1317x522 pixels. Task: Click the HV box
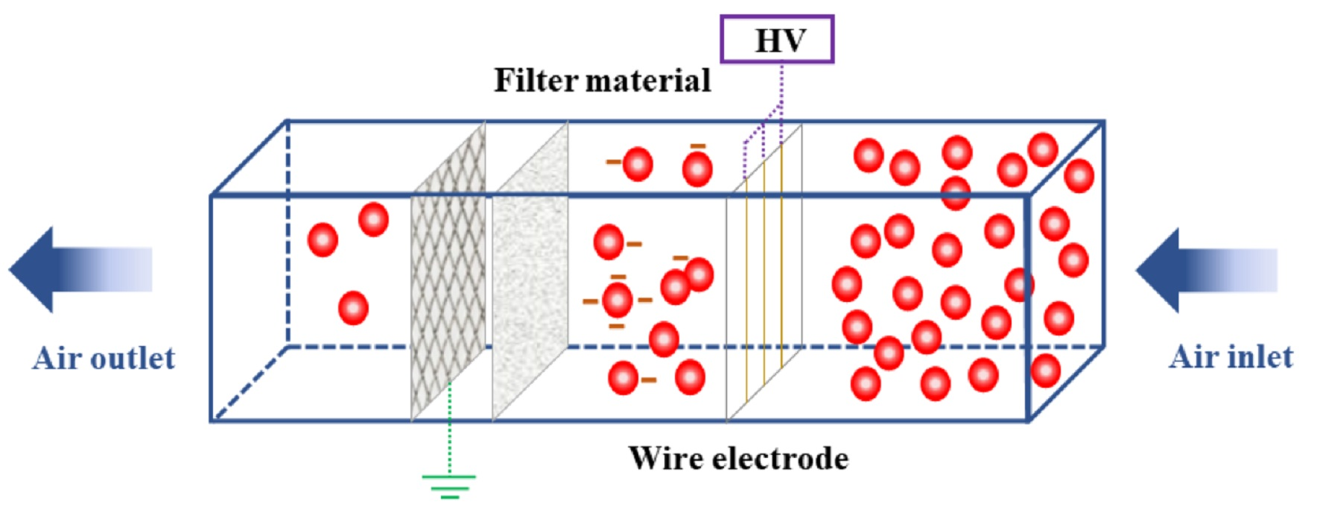click(776, 40)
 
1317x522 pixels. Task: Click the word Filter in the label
click(536, 81)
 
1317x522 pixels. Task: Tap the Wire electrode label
click(738, 458)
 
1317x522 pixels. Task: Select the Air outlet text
click(104, 359)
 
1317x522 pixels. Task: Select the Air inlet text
click(1231, 357)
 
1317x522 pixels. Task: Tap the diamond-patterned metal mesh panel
click(448, 283)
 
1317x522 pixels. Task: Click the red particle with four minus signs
click(617, 301)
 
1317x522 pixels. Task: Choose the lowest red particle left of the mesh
click(353, 307)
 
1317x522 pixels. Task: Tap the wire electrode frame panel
click(764, 276)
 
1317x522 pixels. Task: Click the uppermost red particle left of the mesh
click(373, 219)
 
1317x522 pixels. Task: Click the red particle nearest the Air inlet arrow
click(1073, 260)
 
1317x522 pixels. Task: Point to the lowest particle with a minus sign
click(623, 378)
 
